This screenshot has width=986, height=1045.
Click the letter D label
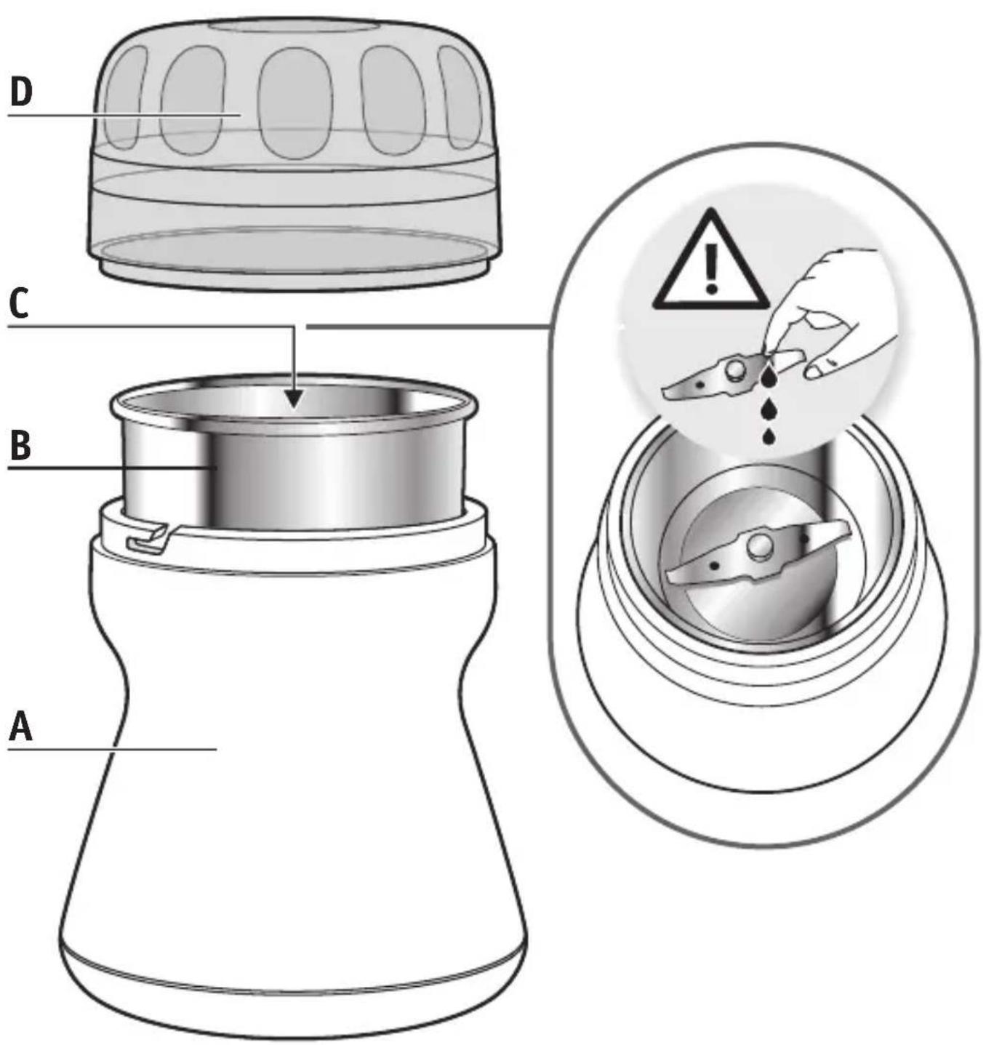[x=22, y=92]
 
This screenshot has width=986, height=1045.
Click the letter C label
[x=20, y=305]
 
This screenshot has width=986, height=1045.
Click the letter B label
[x=20, y=447]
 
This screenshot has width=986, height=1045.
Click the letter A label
[x=20, y=728]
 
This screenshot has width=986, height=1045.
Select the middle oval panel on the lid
[x=296, y=103]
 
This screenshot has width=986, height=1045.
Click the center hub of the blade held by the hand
[x=732, y=369]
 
